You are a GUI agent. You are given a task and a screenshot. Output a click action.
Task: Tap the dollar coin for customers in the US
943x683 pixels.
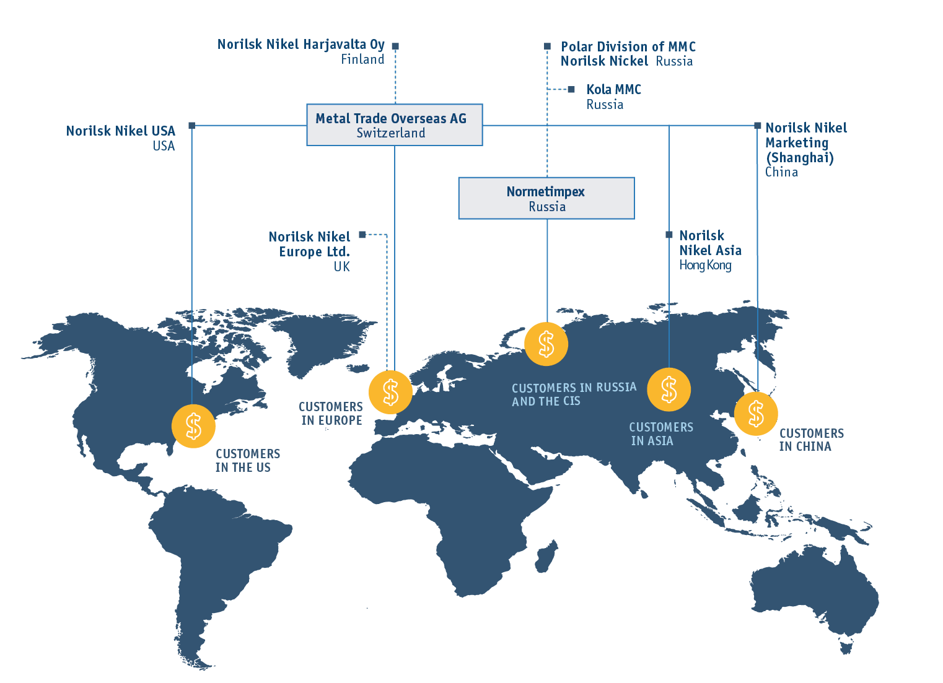[194, 426]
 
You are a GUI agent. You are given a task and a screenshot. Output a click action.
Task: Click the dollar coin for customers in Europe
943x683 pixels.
[391, 392]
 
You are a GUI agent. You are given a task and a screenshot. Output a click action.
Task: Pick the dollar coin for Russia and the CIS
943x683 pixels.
[546, 344]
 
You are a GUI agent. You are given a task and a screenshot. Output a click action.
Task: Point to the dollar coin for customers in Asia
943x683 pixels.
[669, 389]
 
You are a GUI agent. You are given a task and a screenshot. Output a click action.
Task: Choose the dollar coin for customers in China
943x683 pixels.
[756, 413]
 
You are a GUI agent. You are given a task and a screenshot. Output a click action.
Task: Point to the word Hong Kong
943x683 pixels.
[705, 265]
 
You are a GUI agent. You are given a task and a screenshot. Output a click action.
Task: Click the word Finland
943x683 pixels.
[362, 59]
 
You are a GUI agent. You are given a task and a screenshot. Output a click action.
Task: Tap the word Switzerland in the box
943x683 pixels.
[391, 133]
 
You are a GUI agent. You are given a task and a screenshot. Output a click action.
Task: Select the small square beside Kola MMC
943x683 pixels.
[571, 89]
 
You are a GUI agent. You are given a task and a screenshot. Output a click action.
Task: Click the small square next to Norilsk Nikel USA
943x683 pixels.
[192, 126]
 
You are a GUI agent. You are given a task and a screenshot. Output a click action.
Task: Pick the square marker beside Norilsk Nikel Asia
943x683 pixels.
[669, 235]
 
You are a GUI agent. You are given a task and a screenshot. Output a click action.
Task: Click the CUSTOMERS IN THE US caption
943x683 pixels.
[248, 460]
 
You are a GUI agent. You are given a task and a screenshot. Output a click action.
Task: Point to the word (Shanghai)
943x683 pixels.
[799, 158]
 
